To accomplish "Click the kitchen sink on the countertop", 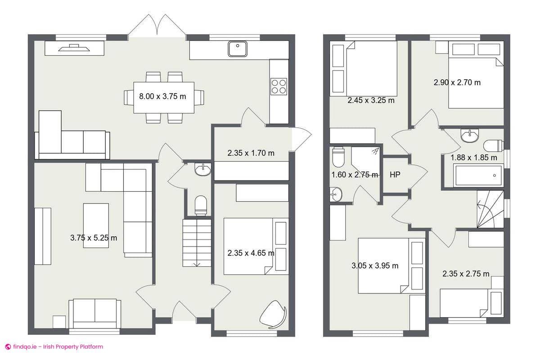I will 237,49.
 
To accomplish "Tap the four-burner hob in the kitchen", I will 279,86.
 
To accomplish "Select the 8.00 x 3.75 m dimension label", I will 162,96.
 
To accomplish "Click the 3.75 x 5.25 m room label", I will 94,238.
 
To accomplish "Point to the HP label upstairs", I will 395,175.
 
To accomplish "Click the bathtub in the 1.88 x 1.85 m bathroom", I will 478,175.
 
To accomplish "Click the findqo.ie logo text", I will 54,347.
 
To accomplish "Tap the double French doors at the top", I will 157,26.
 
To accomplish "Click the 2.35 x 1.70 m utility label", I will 251,153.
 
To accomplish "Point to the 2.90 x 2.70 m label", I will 457,82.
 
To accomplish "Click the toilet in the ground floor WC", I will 201,205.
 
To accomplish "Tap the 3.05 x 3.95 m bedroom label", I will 375,265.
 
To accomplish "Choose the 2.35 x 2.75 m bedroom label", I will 466,274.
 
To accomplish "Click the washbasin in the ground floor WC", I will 202,170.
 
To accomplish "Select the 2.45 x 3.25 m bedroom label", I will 371,100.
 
